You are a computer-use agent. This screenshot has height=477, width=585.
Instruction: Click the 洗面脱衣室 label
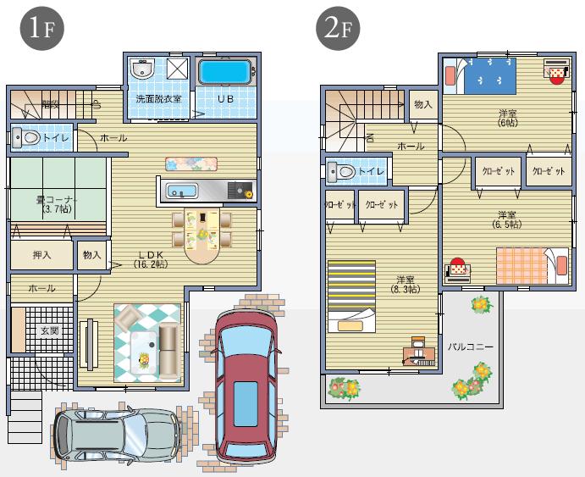click(x=158, y=99)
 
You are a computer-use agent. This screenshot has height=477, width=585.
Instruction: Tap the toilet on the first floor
click(x=31, y=136)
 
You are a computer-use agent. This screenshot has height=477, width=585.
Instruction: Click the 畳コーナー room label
click(x=56, y=203)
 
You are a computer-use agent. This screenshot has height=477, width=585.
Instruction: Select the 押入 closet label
click(x=41, y=253)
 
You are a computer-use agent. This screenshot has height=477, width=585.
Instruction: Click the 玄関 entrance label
click(x=48, y=330)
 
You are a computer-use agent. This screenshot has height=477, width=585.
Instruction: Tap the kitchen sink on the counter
click(x=181, y=190)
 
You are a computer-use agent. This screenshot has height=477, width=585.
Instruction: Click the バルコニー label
click(x=470, y=347)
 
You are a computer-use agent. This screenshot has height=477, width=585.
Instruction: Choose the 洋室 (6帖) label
click(x=508, y=118)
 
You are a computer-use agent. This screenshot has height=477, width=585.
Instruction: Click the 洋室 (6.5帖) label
click(x=508, y=219)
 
